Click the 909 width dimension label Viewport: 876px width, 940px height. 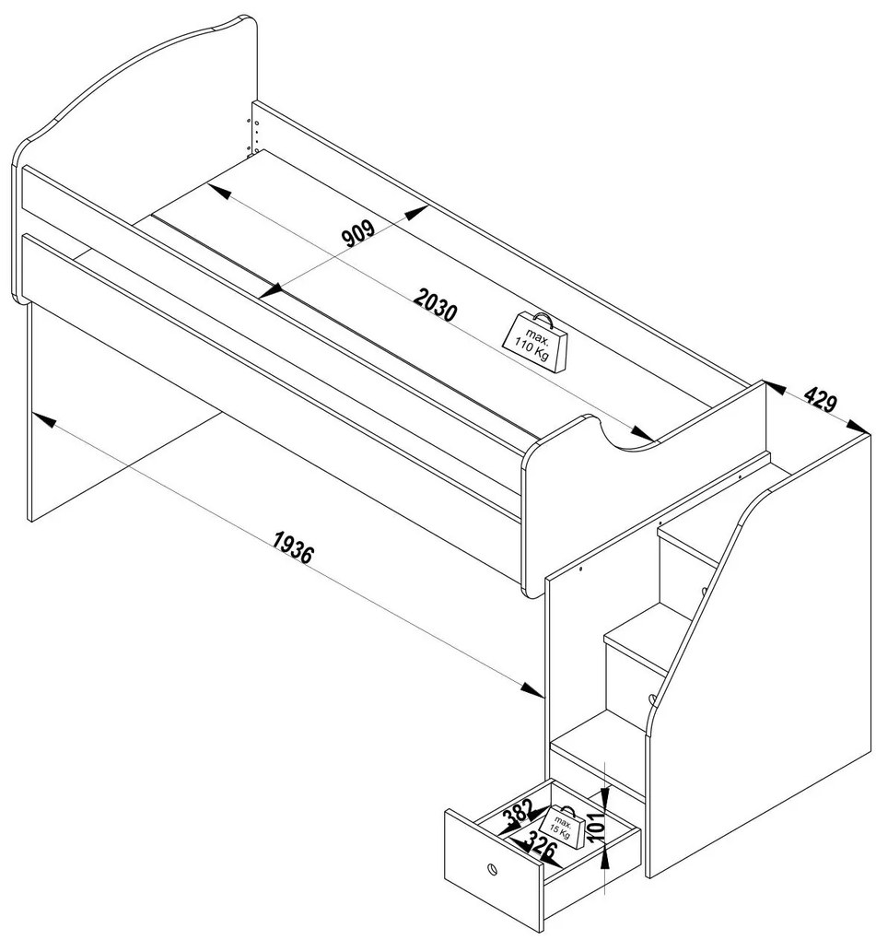(358, 233)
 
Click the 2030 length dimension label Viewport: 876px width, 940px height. (436, 304)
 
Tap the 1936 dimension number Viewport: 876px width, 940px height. (292, 546)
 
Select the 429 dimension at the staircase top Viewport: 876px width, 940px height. (821, 399)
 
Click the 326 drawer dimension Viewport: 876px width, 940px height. (541, 847)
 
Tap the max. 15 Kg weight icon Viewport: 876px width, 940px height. (562, 826)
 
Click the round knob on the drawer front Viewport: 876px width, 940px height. (492, 869)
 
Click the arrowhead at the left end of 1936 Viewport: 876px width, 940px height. (43, 419)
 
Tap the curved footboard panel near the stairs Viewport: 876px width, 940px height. (644, 479)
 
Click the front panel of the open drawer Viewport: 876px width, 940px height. (494, 868)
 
